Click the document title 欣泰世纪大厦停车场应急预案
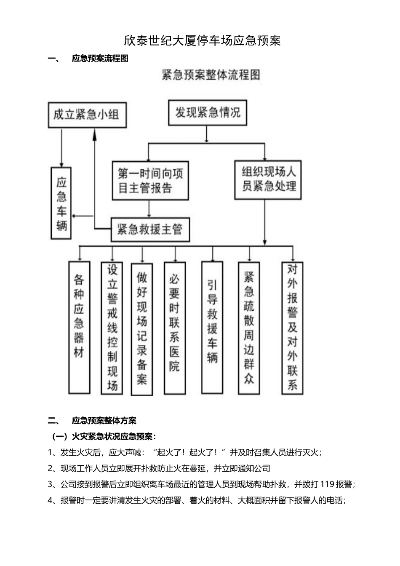202,40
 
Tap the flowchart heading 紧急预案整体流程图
211,75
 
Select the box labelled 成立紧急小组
87,115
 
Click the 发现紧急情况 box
208,112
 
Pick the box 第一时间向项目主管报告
150,180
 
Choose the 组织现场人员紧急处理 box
268,179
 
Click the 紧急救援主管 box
150,230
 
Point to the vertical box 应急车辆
61,203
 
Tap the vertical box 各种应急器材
79,327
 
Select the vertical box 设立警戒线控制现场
112,328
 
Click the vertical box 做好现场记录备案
142,329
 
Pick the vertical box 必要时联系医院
174,327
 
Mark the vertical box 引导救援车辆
212,327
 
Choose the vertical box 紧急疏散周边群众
249,328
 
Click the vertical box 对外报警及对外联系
292,328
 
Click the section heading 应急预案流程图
100,59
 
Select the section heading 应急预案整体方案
104,420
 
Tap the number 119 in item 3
328,484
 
